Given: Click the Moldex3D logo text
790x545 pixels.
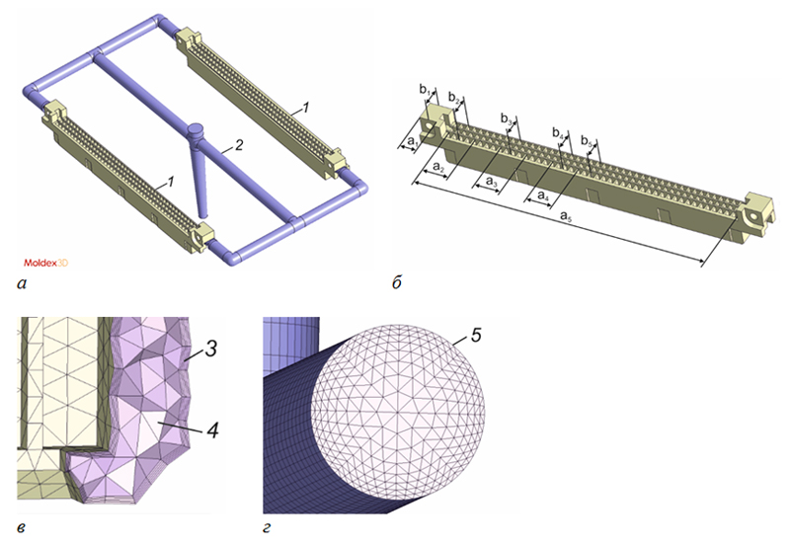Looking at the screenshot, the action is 45,263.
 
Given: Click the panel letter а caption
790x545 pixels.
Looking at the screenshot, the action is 21,284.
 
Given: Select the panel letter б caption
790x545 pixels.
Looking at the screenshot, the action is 397,282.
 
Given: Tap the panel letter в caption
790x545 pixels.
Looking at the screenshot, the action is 21,528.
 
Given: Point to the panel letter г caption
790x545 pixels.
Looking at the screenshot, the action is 267,528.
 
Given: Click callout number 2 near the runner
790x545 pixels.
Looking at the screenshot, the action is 239,145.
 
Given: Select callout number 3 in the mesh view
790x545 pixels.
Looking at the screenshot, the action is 211,349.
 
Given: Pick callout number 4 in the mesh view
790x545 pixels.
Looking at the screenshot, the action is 213,429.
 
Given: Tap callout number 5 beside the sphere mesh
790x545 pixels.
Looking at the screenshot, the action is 476,335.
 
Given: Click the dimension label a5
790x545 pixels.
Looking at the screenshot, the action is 566,216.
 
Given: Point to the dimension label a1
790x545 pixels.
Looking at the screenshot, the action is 413,141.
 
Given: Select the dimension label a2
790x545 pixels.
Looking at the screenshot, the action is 438,167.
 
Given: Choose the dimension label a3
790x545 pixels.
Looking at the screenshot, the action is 492,182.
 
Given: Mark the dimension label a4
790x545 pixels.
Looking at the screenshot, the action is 543,195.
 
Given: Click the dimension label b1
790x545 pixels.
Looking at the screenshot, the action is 426,90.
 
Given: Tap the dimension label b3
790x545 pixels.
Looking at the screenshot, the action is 507,118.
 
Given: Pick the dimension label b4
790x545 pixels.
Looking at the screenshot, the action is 558,132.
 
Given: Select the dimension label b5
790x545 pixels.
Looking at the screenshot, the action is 586,140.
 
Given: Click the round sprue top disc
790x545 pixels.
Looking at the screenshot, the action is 195,129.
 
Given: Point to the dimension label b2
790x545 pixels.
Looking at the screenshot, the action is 454,97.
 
